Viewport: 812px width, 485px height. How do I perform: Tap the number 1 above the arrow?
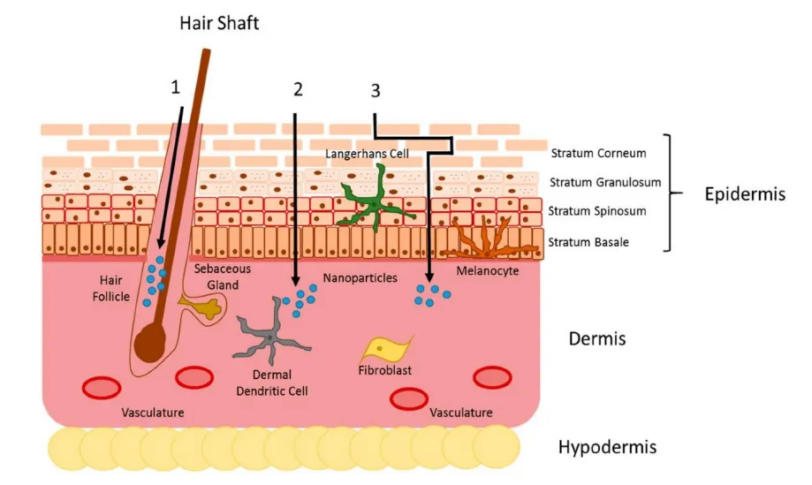coord(176,87)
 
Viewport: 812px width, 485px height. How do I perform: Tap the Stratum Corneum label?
coord(598,153)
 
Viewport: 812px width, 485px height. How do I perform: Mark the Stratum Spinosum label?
coord(596,211)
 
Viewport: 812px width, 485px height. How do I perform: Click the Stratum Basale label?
coord(588,241)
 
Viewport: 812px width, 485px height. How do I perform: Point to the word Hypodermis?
coord(607,447)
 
